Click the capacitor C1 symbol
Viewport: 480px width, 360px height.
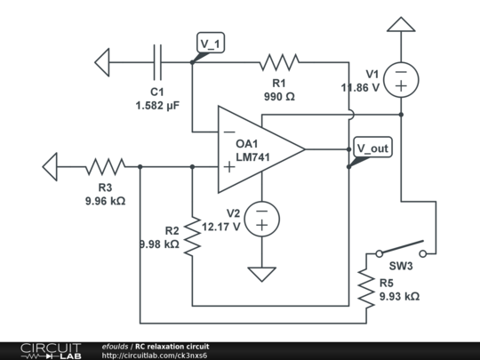click(157, 62)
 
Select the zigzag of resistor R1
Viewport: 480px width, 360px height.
click(279, 62)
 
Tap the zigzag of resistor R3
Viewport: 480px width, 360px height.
click(105, 167)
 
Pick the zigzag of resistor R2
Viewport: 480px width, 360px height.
click(192, 236)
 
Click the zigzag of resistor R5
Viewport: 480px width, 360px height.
click(366, 288)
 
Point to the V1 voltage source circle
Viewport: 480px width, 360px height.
click(401, 80)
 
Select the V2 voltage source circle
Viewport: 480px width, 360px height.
click(261, 219)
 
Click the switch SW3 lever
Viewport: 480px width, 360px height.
click(401, 247)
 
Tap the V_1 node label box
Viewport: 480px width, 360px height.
click(211, 43)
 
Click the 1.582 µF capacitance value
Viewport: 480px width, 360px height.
click(157, 106)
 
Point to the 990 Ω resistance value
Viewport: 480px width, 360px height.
click(279, 97)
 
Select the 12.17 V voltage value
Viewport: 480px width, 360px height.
click(221, 227)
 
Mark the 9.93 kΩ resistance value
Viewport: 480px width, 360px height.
click(399, 296)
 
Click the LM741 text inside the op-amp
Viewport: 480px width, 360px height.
click(252, 157)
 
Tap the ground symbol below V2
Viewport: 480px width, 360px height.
click(261, 275)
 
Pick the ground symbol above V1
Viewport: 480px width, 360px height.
click(401, 25)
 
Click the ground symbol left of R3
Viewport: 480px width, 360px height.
click(50, 167)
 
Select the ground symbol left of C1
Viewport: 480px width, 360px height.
click(102, 62)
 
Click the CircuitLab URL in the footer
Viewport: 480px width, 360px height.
click(155, 356)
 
